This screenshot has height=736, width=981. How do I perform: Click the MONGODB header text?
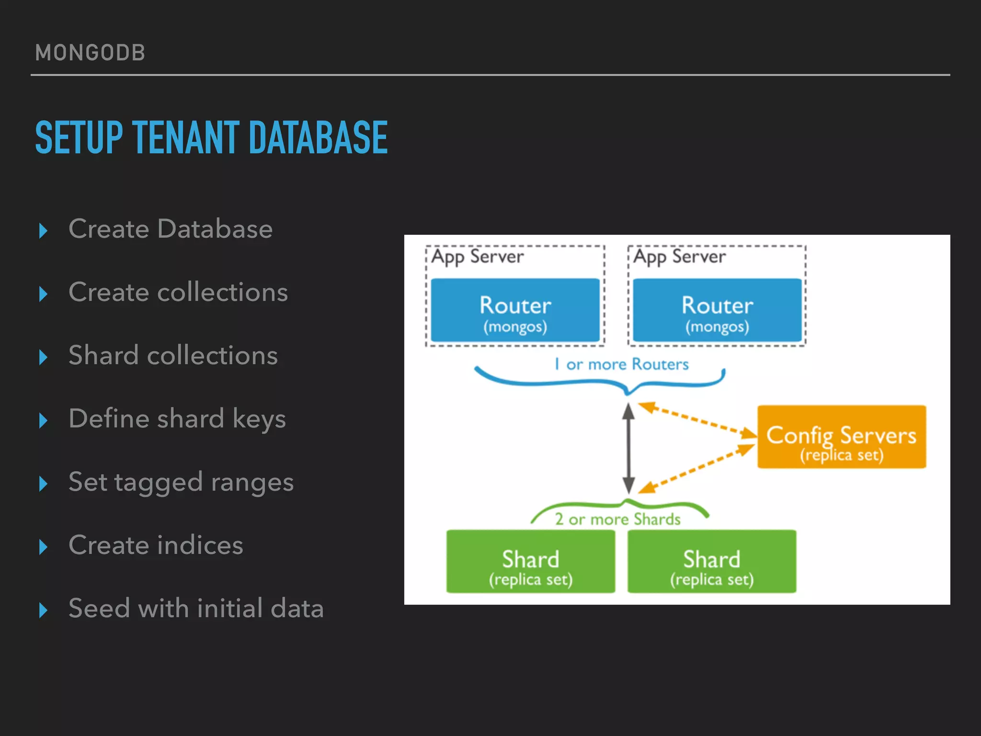pyautogui.click(x=90, y=53)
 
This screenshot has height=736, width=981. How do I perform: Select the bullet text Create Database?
pyautogui.click(x=171, y=229)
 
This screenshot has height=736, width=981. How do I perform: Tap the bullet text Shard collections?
pyautogui.click(x=173, y=355)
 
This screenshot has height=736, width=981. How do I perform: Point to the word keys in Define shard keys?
pyautogui.click(x=259, y=419)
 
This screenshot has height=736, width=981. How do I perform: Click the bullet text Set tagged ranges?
pyautogui.click(x=181, y=482)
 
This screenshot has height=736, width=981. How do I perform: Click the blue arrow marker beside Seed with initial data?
pyautogui.click(x=43, y=610)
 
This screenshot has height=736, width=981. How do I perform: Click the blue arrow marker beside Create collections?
pyautogui.click(x=43, y=294)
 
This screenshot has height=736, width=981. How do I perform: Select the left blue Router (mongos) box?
pyautogui.click(x=515, y=310)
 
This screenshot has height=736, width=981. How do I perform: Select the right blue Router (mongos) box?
pyautogui.click(x=717, y=310)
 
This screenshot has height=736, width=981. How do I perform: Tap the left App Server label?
pyautogui.click(x=477, y=257)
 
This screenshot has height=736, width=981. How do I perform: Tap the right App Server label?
pyautogui.click(x=679, y=257)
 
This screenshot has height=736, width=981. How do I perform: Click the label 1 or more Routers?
pyautogui.click(x=621, y=364)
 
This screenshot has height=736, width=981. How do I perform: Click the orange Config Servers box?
pyautogui.click(x=841, y=437)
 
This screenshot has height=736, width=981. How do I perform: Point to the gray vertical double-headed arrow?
pyautogui.click(x=628, y=448)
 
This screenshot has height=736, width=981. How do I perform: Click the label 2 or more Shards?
pyautogui.click(x=617, y=519)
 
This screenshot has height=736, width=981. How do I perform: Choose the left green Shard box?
pyautogui.click(x=530, y=562)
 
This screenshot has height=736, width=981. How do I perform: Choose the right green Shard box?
pyautogui.click(x=712, y=562)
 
